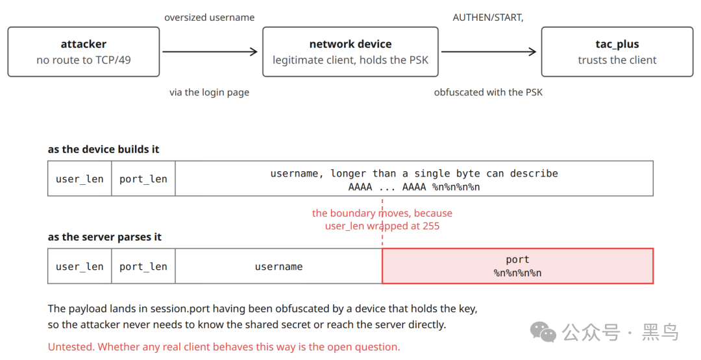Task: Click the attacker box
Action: click(84, 52)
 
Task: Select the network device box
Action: click(350, 52)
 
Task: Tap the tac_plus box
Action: click(617, 52)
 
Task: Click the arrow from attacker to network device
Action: click(210, 52)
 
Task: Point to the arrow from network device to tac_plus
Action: click(489, 52)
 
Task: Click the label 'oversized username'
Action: click(209, 18)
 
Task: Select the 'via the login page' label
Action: click(209, 93)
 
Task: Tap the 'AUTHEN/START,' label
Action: click(487, 18)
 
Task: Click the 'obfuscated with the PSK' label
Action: click(488, 93)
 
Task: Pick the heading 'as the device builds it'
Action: click(103, 149)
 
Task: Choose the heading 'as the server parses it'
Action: click(105, 237)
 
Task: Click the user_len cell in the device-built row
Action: click(80, 178)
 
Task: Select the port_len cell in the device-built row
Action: click(143, 178)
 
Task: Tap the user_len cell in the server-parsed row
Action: click(80, 266)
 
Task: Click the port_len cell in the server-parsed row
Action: click(143, 266)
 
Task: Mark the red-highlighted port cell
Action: click(518, 266)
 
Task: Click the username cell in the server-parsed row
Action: click(278, 266)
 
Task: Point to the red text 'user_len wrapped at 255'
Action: click(382, 226)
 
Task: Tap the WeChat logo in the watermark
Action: click(543, 332)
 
